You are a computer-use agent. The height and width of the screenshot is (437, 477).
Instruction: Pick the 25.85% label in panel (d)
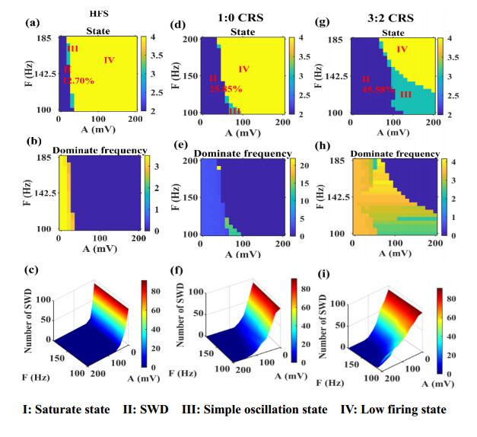pos(226,88)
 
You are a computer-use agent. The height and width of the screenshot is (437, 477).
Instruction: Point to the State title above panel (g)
pos(393,32)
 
